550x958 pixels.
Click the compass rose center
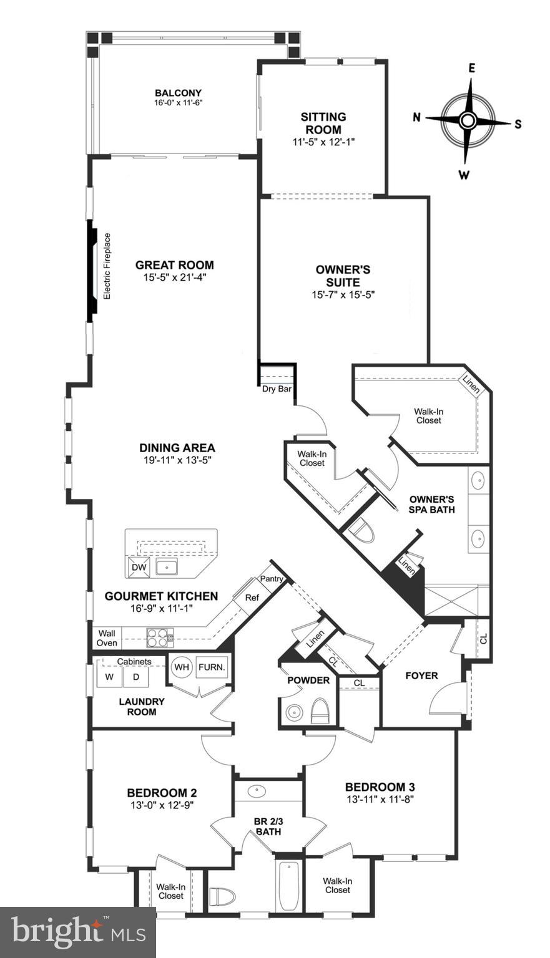click(468, 120)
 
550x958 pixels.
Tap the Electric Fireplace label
click(107, 266)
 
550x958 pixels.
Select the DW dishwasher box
click(139, 568)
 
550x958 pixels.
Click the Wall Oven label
click(106, 638)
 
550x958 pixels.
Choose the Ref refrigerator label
click(252, 598)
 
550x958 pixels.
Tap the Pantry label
click(272, 579)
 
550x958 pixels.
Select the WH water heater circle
click(182, 667)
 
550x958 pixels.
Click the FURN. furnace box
click(212, 667)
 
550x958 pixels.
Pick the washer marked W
click(109, 676)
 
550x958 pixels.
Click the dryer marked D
click(135, 676)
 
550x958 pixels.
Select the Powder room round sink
click(292, 712)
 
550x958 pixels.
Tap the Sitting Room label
click(323, 123)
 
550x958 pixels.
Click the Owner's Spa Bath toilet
click(360, 531)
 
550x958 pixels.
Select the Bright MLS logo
click(78, 932)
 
